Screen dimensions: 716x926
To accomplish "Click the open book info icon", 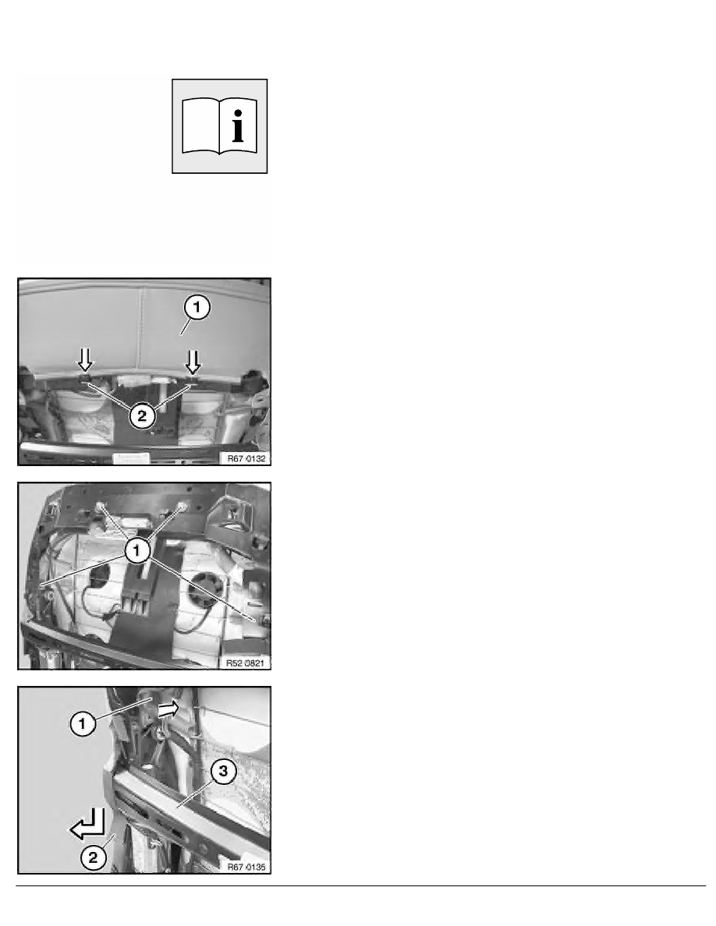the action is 219,126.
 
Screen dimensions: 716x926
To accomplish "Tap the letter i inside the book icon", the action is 238,125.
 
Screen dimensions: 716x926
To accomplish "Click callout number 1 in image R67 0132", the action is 197,308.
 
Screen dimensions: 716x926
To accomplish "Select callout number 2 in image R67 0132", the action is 142,415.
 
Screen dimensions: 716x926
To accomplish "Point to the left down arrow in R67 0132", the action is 85,359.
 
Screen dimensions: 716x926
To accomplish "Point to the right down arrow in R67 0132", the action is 193,362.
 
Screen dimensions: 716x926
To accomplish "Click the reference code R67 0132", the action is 246,458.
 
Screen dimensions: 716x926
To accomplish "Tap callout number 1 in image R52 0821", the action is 137,551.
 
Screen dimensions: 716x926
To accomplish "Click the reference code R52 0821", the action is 245,663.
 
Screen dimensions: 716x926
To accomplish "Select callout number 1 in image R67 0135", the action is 82,723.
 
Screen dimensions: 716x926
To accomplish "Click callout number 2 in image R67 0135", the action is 94,857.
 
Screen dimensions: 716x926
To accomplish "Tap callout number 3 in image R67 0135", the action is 223,771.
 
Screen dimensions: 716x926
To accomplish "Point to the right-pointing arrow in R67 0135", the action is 169,709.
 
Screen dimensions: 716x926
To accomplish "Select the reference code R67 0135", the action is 246,867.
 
